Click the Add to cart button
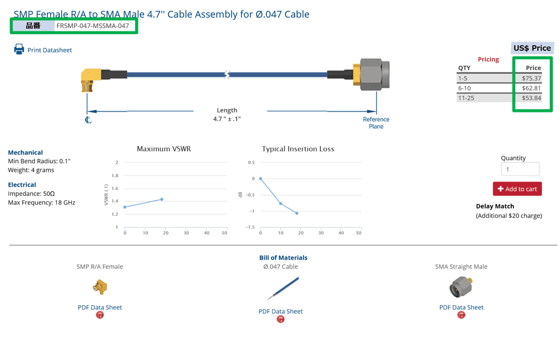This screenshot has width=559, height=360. [x=517, y=189]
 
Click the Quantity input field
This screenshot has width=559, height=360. [x=520, y=169]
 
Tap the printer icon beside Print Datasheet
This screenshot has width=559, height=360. [x=19, y=50]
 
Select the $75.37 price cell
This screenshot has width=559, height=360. [x=531, y=78]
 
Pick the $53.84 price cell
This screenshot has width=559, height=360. [x=531, y=98]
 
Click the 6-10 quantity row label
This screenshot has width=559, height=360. [x=464, y=88]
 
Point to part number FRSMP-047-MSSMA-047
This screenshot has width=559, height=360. [x=92, y=26]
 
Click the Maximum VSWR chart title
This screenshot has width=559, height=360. [x=164, y=149]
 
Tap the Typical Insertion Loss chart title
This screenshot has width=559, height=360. [x=298, y=149]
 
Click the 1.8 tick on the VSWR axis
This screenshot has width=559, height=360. [x=115, y=176]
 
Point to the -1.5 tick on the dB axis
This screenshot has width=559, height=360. [x=250, y=227]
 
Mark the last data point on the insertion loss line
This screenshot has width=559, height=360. [x=297, y=213]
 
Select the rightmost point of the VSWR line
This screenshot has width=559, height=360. [x=162, y=199]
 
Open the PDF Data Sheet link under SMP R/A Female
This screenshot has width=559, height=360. [x=100, y=308]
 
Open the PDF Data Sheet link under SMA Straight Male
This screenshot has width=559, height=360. [x=461, y=308]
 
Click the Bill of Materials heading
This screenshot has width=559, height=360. [x=283, y=258]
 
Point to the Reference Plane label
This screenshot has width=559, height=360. [x=376, y=123]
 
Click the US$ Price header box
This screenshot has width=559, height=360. [x=532, y=48]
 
